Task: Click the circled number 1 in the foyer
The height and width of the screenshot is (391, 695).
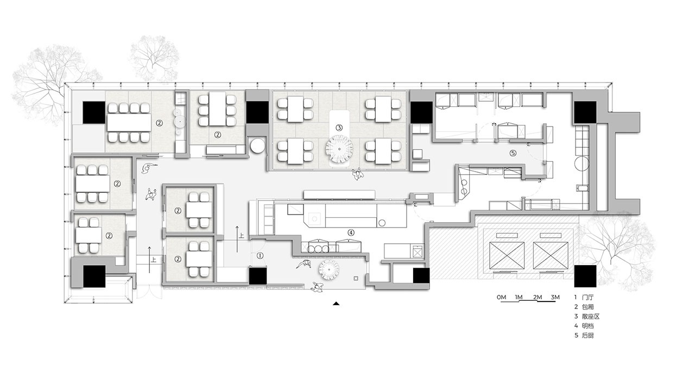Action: (x=260, y=256)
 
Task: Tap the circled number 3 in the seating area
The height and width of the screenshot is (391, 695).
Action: (x=339, y=128)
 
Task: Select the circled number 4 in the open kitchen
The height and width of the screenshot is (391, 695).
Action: (x=351, y=232)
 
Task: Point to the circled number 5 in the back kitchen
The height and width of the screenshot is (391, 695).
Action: (x=513, y=153)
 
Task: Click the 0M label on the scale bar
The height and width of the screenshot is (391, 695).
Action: (x=501, y=297)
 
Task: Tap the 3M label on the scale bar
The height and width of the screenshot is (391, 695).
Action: (x=555, y=297)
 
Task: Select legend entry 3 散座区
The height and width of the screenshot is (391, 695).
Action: (x=587, y=317)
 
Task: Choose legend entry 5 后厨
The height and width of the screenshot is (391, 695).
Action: (x=584, y=335)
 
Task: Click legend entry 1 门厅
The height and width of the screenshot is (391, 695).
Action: (x=584, y=297)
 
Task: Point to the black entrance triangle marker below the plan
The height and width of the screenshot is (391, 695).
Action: (x=336, y=304)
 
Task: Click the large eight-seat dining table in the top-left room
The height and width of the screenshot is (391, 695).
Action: (x=129, y=123)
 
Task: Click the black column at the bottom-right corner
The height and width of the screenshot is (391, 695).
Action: (x=585, y=276)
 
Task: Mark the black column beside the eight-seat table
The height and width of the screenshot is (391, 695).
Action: (x=94, y=112)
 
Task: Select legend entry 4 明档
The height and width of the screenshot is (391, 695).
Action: (x=584, y=326)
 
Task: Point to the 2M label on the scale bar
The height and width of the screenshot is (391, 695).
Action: (x=538, y=297)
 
